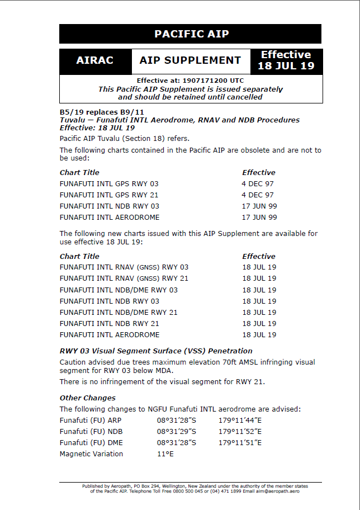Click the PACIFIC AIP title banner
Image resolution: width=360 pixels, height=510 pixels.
191,34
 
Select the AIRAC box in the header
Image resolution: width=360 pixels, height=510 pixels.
95,60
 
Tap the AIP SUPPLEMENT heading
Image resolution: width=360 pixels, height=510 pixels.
190,60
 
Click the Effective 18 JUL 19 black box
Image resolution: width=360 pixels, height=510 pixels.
286,60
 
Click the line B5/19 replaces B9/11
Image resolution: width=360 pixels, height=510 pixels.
94,112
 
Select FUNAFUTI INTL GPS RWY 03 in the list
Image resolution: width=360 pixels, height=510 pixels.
109,183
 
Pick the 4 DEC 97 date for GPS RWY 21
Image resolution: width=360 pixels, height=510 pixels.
258,195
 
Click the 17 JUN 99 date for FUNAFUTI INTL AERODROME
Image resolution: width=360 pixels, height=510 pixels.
259,217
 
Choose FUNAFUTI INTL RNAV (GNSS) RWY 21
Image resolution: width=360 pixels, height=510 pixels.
124,278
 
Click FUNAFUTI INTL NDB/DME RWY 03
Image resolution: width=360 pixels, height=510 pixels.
119,290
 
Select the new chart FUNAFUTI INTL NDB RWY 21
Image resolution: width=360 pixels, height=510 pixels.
110,323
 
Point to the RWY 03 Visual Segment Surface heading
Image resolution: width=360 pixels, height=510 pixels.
156,351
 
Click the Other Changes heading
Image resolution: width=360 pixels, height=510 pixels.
88,398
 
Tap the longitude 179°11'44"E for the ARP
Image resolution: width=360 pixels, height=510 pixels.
240,421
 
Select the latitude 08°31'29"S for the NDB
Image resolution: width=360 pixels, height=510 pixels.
177,432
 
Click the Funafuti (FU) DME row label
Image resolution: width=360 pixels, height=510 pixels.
91,443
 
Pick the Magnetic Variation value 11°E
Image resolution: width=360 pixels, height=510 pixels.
165,454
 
